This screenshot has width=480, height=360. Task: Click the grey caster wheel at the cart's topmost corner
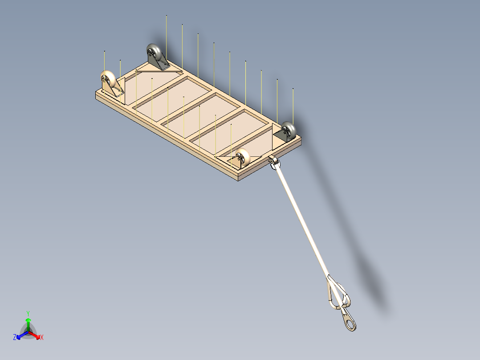click(x=153, y=53)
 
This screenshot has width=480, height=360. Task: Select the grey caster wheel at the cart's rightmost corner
click(x=289, y=130)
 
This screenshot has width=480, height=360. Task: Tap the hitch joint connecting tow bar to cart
click(x=273, y=162)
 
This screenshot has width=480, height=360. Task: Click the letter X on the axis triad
click(x=42, y=337)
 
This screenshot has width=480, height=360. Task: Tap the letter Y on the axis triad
click(x=28, y=313)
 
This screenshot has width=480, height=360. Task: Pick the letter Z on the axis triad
click(x=15, y=337)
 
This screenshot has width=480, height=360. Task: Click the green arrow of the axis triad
click(x=28, y=323)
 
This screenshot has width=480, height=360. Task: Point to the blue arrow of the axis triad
click(x=21, y=334)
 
